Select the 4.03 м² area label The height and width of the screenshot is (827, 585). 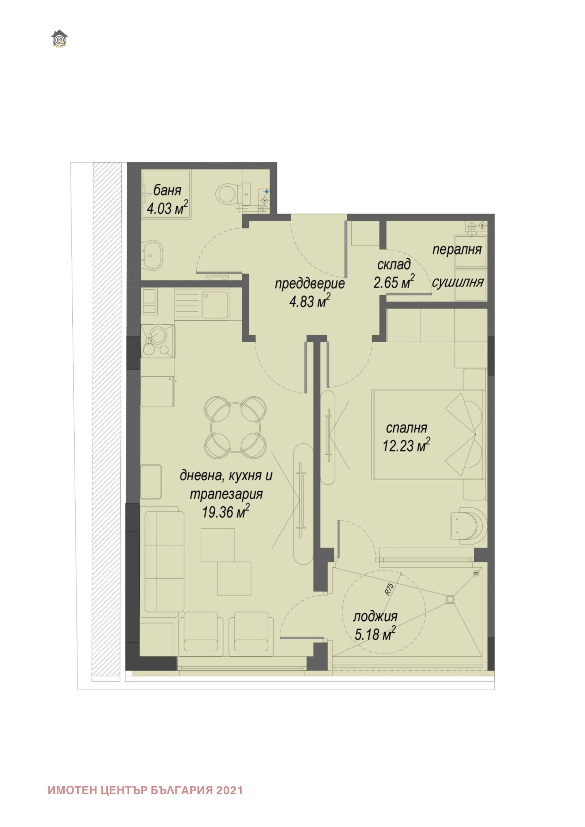click(167, 209)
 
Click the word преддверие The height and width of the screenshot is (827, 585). click(309, 284)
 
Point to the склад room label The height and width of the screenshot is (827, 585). click(394, 264)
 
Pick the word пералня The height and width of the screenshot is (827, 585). click(457, 249)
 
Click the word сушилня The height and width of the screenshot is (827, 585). click(458, 282)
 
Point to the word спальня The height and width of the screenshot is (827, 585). click(406, 428)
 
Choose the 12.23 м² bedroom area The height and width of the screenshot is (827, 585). click(406, 446)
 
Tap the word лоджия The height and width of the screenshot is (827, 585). click(375, 617)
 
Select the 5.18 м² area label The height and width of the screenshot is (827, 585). click(375, 634)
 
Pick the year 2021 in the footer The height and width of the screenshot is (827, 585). click(229, 790)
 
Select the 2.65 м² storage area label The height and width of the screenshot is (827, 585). click(394, 282)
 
